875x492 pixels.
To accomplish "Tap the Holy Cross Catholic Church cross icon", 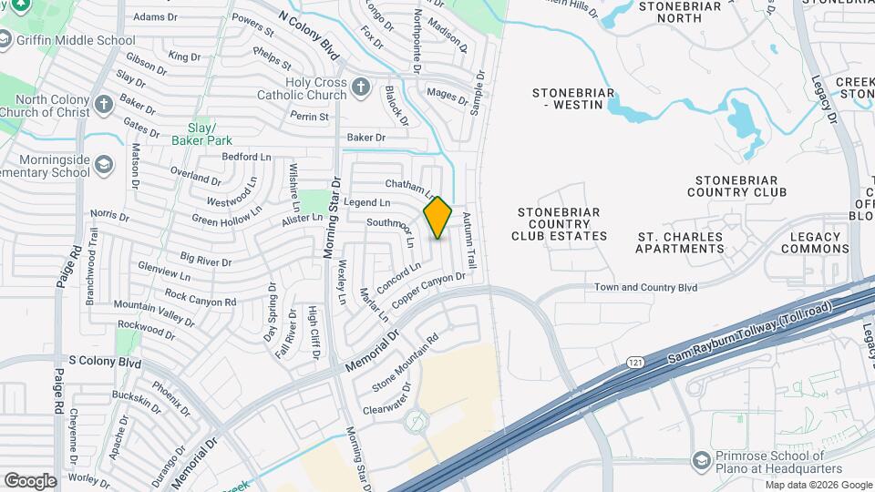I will (x=361, y=87).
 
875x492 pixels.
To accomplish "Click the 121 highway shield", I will (x=634, y=363).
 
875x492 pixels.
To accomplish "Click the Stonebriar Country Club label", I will (x=736, y=186).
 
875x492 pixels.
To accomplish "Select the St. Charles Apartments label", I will (x=679, y=242).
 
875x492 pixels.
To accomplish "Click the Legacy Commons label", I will (x=814, y=242).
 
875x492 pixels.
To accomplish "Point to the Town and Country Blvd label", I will (x=645, y=287).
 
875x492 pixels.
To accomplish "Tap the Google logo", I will (x=30, y=480).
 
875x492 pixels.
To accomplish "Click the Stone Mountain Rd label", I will (x=406, y=362).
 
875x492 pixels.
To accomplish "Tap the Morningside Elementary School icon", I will (x=104, y=165).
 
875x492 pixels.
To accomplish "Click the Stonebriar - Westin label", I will (x=572, y=98).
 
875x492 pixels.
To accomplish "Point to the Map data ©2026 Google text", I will (x=818, y=485).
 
